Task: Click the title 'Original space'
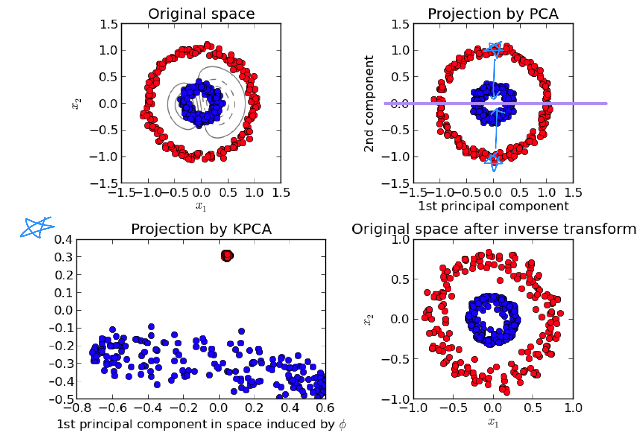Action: click(201, 14)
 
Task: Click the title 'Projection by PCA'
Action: click(493, 14)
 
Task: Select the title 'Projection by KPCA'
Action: click(201, 229)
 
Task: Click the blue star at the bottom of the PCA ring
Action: click(493, 161)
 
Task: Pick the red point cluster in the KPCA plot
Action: click(227, 256)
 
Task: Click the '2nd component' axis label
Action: click(368, 103)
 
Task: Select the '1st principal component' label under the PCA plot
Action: click(493, 206)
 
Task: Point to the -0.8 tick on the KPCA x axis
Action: click(77, 408)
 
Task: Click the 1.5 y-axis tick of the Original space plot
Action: click(109, 24)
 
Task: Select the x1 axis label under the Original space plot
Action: click(201, 206)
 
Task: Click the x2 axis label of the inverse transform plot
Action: click(367, 319)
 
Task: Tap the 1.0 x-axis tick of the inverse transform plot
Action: click(573, 408)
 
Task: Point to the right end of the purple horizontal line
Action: click(605, 103)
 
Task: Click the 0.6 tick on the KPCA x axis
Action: click(325, 408)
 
